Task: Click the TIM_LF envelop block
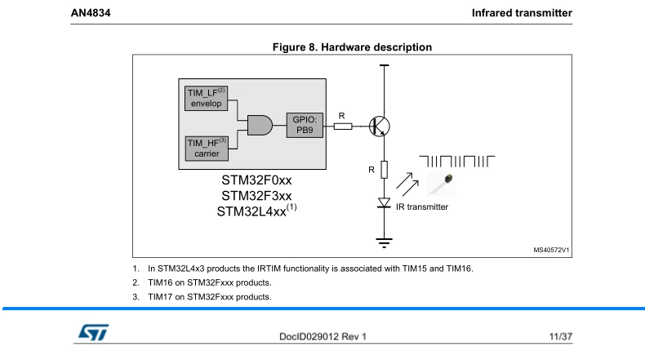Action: [x=206, y=98]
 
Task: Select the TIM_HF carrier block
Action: [x=207, y=149]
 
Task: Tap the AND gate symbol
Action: [x=260, y=126]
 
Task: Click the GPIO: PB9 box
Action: [x=305, y=125]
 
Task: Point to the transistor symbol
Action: [x=380, y=127]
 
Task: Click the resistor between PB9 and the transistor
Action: [x=343, y=127]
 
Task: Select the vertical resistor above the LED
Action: [x=385, y=170]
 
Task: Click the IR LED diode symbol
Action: [x=385, y=202]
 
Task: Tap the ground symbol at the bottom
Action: [x=385, y=242]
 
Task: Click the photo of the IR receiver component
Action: [x=442, y=184]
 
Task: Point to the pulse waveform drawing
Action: [x=456, y=162]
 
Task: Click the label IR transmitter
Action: [x=422, y=207]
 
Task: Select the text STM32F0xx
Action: [x=256, y=180]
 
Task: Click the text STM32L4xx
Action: [x=251, y=211]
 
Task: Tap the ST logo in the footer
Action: [x=94, y=332]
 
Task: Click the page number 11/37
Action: [x=561, y=336]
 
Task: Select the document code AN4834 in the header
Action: [x=91, y=13]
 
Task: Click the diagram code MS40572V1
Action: [x=551, y=250]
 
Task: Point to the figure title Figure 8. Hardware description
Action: [x=352, y=47]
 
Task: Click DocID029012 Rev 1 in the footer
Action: [x=322, y=336]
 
